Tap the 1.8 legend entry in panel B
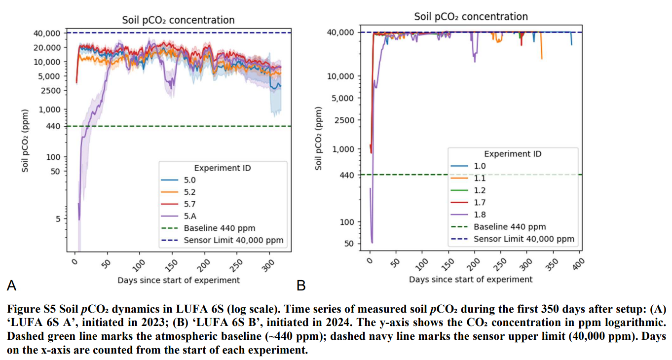click(480, 215)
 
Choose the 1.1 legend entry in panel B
click(480, 179)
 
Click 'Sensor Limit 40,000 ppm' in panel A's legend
click(233, 240)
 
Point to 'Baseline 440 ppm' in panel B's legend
click(510, 227)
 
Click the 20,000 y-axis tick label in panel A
click(47, 47)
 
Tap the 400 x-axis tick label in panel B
click(578, 262)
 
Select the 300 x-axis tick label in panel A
click(268, 263)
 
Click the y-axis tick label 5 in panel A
click(58, 218)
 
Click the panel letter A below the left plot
click(11, 285)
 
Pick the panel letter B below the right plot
click(301, 286)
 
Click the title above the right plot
click(471, 16)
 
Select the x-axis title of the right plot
click(471, 280)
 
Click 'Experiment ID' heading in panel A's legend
click(222, 168)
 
